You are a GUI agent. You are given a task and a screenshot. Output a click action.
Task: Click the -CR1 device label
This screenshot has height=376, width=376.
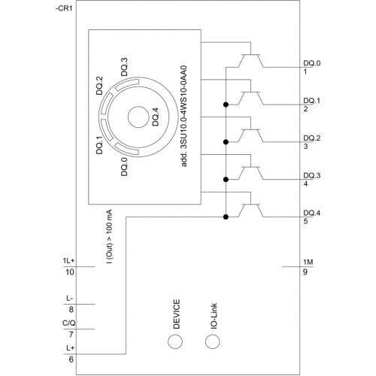(64, 8)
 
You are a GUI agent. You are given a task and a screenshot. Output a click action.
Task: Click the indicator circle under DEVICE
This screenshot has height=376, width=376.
(175, 341)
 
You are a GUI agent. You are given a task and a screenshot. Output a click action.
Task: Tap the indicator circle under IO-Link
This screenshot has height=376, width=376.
(213, 341)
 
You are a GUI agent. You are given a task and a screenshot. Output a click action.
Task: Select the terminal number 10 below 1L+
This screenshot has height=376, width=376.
(70, 272)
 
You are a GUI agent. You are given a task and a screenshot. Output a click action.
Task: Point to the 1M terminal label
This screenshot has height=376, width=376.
(308, 262)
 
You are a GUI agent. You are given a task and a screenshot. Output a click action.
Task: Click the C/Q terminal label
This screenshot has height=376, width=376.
(69, 323)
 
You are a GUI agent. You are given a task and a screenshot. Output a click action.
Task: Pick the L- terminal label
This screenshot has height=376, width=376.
(70, 299)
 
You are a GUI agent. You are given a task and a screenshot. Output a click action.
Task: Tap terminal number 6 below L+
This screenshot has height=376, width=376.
(71, 359)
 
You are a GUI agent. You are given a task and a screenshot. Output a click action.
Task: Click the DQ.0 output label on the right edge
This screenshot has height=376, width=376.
(312, 63)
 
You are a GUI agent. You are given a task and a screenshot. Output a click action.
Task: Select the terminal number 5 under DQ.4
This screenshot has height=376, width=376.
(305, 221)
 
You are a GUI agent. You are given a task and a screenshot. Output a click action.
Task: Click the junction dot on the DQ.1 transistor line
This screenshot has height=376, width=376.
(226, 105)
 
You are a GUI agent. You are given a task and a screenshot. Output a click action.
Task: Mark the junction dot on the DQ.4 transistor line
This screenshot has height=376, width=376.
(226, 217)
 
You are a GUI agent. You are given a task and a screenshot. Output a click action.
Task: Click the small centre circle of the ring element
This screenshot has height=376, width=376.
(138, 117)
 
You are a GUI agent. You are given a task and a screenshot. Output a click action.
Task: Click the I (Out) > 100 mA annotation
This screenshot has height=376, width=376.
(109, 236)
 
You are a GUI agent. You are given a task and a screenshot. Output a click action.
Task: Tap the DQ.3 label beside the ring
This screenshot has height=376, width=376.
(124, 67)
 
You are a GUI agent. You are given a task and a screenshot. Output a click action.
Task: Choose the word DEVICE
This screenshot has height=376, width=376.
(177, 314)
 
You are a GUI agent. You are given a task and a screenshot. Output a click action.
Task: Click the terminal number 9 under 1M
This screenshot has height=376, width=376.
(305, 272)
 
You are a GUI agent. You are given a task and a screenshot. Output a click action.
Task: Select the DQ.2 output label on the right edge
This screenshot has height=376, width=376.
(312, 138)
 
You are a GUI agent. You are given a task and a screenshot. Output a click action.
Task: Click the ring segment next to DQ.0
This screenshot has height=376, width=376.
(126, 150)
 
